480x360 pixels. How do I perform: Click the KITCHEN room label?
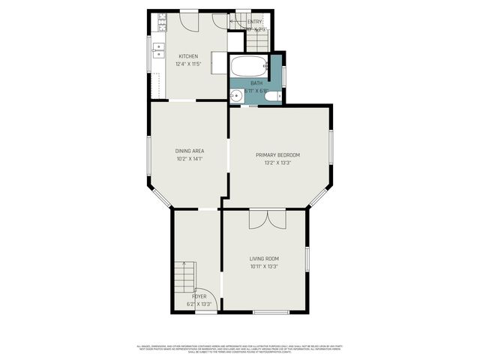point(188,56)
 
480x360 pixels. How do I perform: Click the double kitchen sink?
point(160,50)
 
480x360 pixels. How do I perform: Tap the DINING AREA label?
point(189,151)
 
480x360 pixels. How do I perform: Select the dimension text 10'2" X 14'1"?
point(189,159)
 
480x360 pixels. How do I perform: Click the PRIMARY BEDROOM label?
point(277,154)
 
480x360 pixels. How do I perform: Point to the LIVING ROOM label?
point(264,259)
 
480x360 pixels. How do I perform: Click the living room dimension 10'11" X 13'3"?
point(264,266)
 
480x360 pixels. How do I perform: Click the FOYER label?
point(199,296)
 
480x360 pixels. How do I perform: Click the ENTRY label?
point(256,22)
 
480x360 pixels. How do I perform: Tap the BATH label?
point(256,83)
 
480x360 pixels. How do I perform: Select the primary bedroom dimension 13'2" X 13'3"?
point(277,163)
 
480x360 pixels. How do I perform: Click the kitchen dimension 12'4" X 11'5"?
point(188,64)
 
